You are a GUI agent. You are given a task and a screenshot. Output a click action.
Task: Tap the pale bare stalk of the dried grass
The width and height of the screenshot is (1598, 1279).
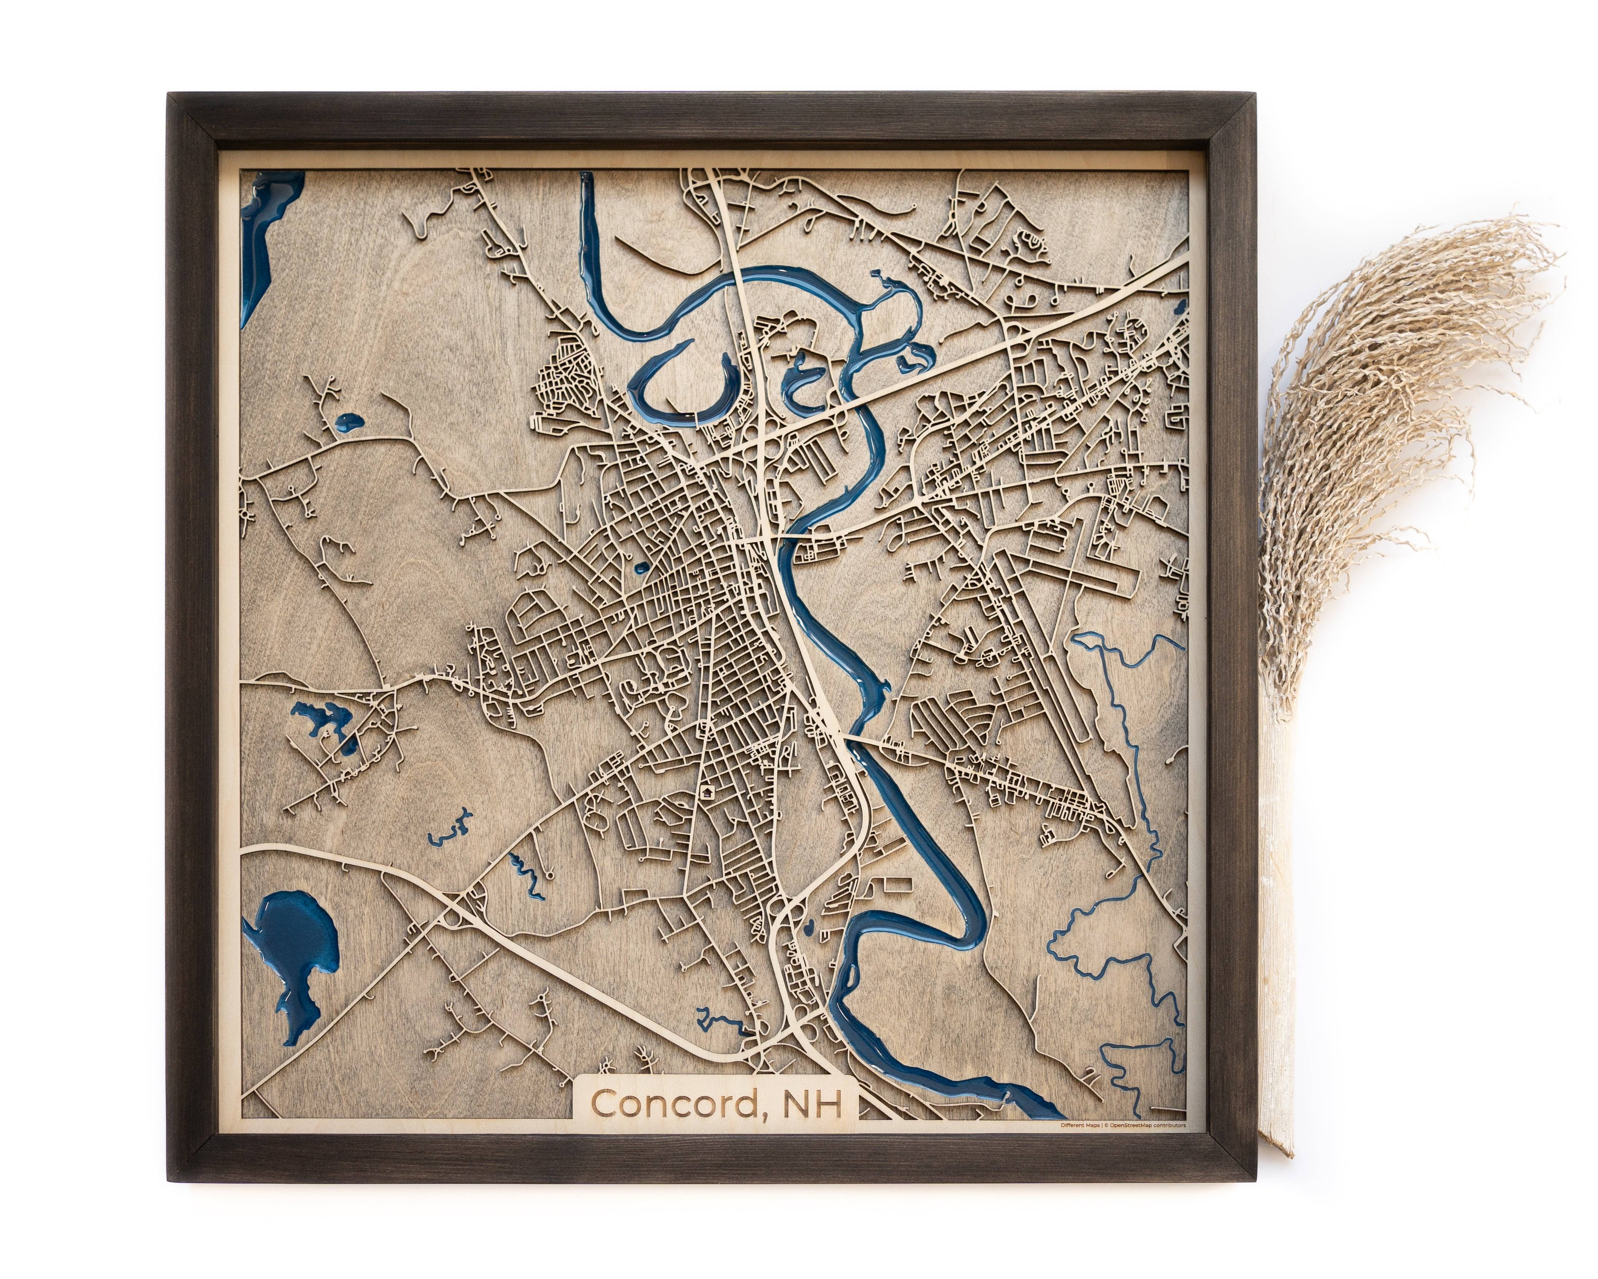1275,964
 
